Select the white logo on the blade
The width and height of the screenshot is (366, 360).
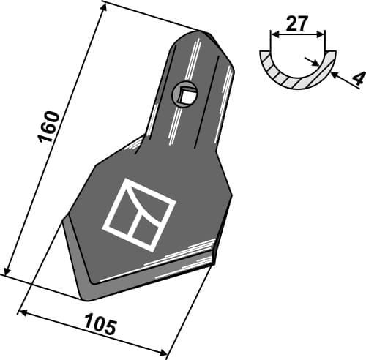pos(139,214)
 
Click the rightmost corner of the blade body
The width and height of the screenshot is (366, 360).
pos(231,194)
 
